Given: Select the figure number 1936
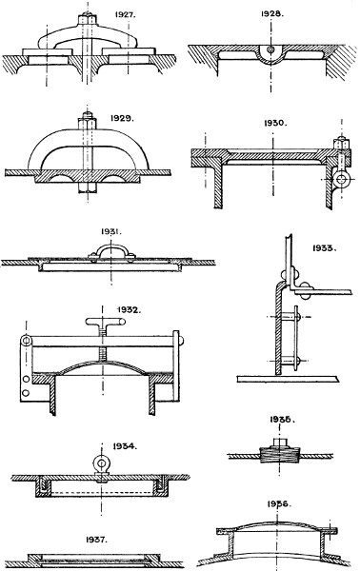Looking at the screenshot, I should point(279,503).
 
